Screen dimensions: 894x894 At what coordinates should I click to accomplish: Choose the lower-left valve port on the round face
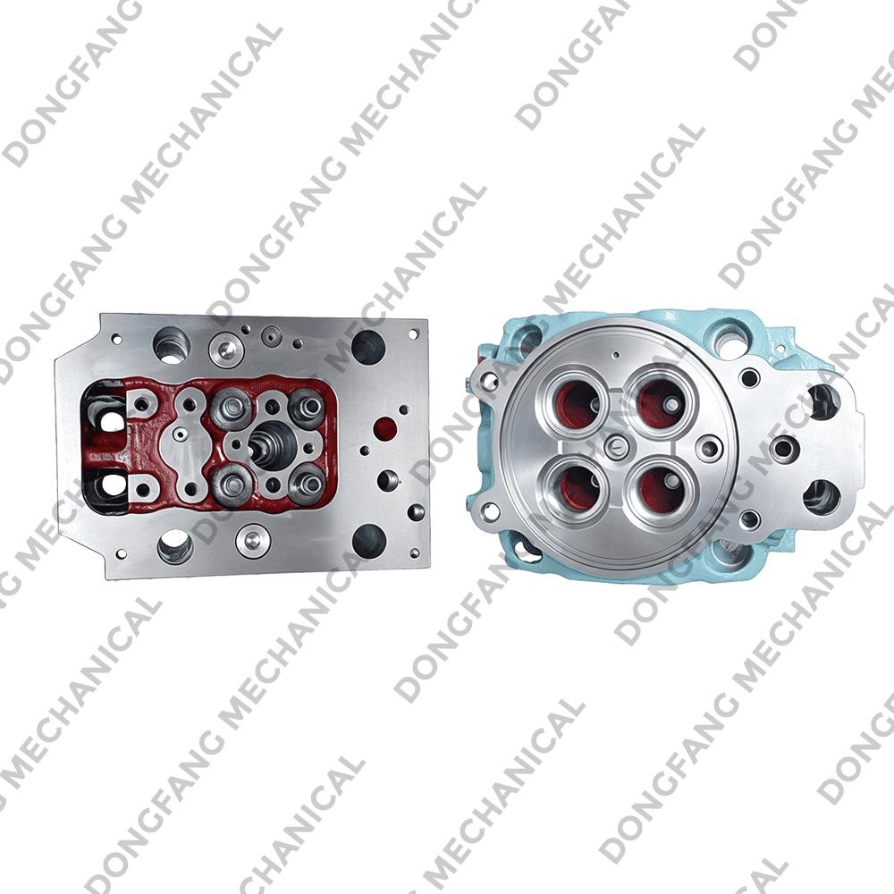click(575, 485)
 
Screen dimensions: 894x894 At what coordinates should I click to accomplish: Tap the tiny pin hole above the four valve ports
click(616, 355)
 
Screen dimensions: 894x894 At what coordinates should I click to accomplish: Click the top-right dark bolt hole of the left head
click(367, 345)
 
